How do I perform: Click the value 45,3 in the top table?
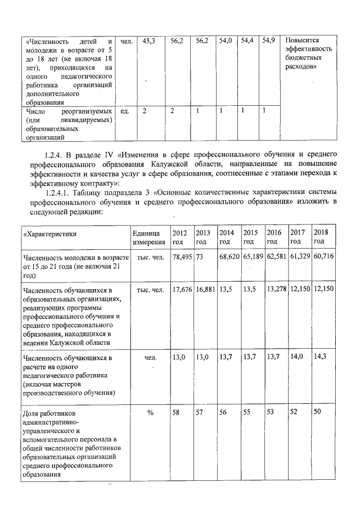[149, 42]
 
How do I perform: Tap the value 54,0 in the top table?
[226, 42]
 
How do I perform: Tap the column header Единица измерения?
[149, 237]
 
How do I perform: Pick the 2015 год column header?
[250, 237]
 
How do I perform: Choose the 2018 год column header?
[321, 237]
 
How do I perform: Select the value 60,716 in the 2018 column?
[323, 257]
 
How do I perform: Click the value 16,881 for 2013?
[206, 290]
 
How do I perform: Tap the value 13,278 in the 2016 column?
[277, 290]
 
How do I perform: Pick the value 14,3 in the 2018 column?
[319, 357]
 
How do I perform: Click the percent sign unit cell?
[150, 413]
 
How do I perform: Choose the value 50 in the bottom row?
[318, 413]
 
